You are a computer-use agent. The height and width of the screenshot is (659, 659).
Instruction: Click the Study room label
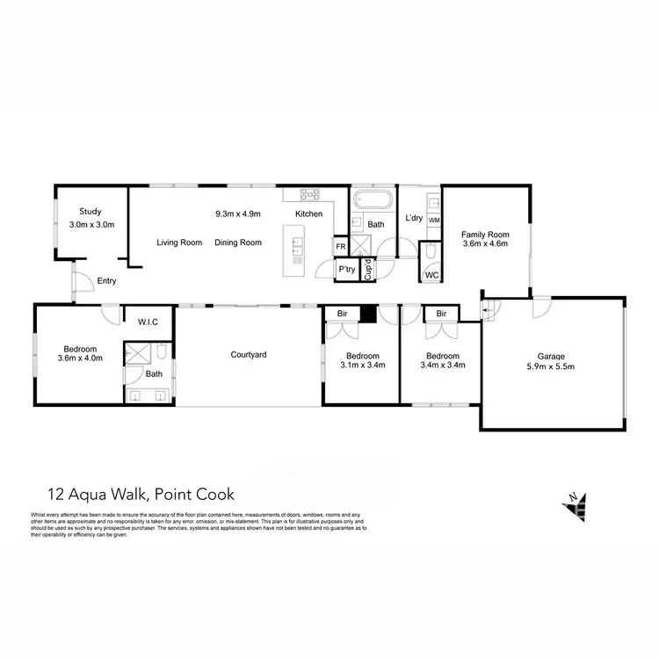(x=91, y=212)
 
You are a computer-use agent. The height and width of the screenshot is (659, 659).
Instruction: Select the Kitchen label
(x=308, y=214)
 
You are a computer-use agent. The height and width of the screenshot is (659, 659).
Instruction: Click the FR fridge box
(x=339, y=248)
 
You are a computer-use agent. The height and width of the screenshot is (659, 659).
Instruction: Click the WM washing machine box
(x=433, y=219)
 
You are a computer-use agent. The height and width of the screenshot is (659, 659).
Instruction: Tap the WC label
(x=431, y=275)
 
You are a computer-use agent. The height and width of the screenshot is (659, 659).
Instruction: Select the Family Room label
(x=486, y=235)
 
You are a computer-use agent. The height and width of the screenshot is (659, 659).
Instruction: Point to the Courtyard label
(x=249, y=355)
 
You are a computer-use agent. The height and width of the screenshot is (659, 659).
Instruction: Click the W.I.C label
(x=148, y=322)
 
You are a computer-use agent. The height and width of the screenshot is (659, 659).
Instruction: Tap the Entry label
(x=106, y=281)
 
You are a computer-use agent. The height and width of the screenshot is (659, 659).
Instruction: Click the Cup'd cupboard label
(x=368, y=269)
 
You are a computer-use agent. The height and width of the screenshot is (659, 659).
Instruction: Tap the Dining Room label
(x=239, y=243)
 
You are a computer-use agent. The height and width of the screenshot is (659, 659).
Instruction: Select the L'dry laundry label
(x=413, y=218)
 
